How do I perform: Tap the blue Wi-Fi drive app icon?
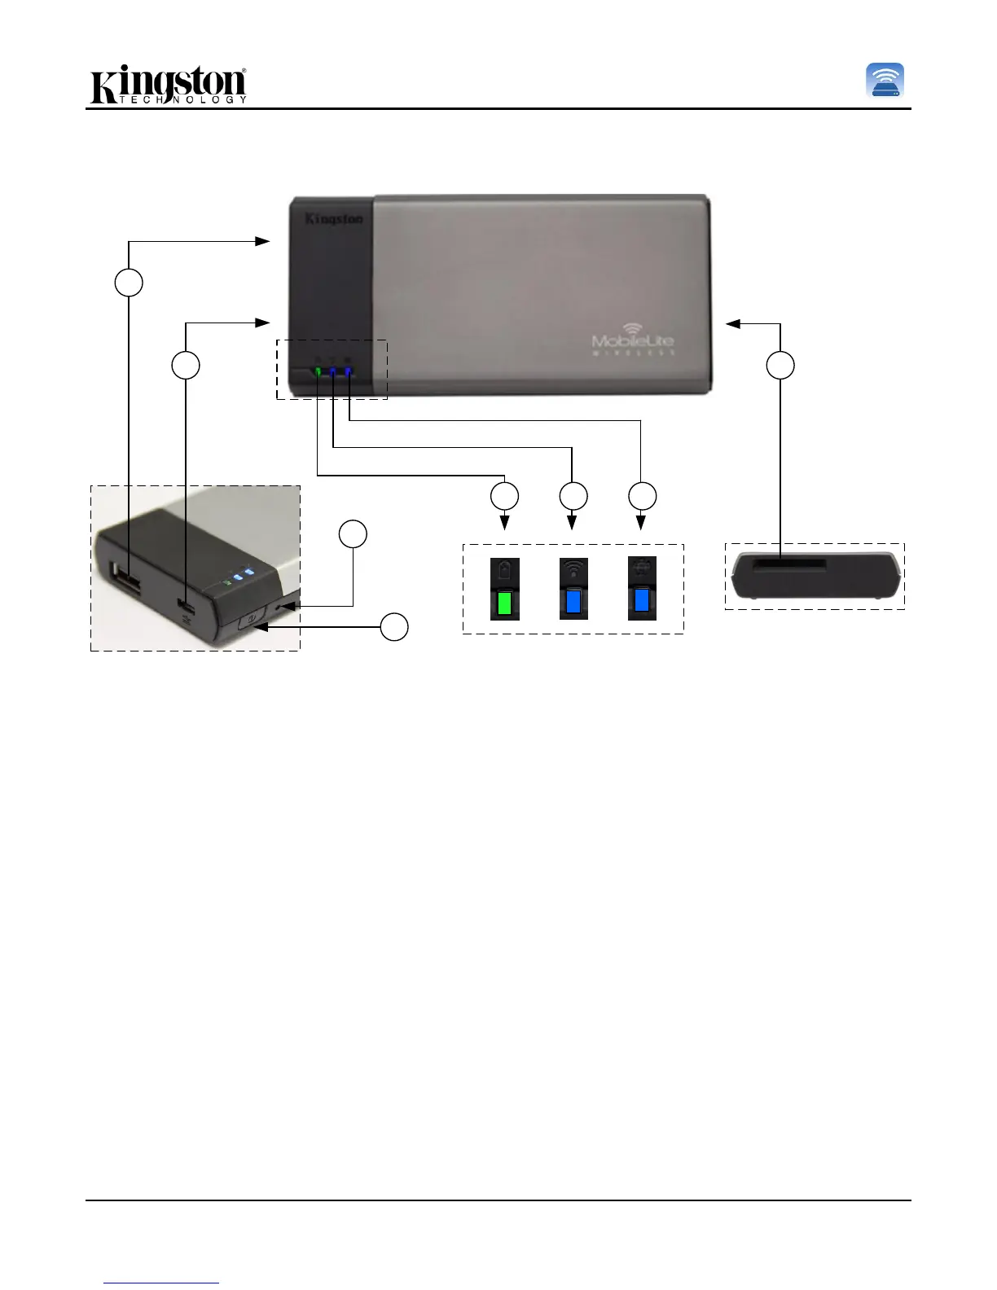tap(885, 81)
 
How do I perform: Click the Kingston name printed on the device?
tap(334, 218)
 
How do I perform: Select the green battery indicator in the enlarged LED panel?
tap(504, 603)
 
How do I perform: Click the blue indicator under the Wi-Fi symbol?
tap(573, 602)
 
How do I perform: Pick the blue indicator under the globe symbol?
tap(642, 601)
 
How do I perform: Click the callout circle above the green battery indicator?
tap(504, 496)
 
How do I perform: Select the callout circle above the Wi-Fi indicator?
tap(573, 496)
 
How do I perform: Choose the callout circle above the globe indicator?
tap(642, 496)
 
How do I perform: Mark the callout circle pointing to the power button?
tap(395, 627)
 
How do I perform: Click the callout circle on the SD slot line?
tap(780, 366)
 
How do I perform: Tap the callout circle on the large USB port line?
tap(128, 282)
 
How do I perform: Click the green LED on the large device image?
tap(318, 372)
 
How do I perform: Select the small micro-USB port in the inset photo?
tap(188, 607)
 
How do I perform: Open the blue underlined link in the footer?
tap(162, 1283)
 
